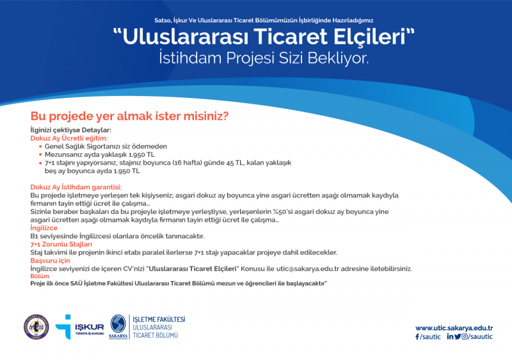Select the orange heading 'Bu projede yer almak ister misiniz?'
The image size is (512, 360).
pos(129,116)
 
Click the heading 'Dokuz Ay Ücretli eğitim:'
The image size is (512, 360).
pos(69,138)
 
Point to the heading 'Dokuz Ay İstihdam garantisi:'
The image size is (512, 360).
pos(76,187)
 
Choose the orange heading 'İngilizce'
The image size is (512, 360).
pos(44,228)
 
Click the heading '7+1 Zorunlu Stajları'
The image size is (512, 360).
pos(61,244)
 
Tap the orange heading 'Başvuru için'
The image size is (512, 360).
pos(51,261)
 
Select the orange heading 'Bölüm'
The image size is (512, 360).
pos(40,276)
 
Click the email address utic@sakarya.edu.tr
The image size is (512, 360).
pos(308,269)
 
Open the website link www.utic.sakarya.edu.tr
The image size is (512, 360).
pos(454,328)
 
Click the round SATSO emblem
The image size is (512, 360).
pos(36,327)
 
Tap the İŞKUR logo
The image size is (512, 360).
pos(79,327)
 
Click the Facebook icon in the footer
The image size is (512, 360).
pos(417,337)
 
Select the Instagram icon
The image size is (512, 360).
pos(465,336)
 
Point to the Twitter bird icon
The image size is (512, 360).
pos(458,336)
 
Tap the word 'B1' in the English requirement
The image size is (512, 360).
pos(35,236)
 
